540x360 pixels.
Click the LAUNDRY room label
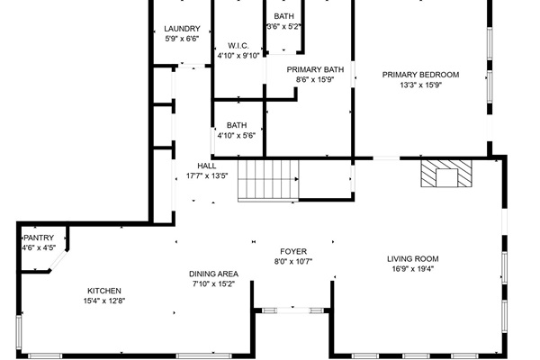point(183,29)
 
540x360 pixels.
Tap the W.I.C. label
point(238,45)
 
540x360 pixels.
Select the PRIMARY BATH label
point(315,69)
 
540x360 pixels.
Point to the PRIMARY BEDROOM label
point(421,75)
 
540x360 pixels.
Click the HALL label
point(207,166)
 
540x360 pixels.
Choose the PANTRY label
point(39,238)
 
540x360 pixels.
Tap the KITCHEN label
point(103,291)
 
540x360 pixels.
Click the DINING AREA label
point(213,274)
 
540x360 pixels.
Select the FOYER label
point(293,252)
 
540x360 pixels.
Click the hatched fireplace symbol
point(446,173)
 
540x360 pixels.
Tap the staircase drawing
point(267,179)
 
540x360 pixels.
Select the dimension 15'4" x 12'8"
point(103,301)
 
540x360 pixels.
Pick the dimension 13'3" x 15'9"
point(421,85)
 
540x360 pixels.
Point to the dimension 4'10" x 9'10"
point(238,56)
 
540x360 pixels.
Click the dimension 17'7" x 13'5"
point(207,176)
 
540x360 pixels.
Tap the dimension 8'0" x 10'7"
point(293,262)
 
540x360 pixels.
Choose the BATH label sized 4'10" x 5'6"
point(237,125)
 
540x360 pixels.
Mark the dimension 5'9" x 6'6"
point(183,40)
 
